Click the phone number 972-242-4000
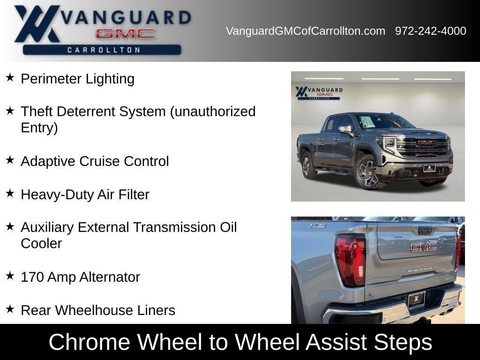pyautogui.click(x=430, y=31)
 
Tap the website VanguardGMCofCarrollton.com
pyautogui.click(x=306, y=31)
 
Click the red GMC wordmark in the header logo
pyautogui.click(x=125, y=33)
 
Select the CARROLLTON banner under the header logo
pyautogui.click(x=102, y=50)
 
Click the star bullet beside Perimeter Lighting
pyautogui.click(x=10, y=77)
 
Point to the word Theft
pyautogui.click(x=37, y=111)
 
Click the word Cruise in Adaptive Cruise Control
pyautogui.click(x=99, y=161)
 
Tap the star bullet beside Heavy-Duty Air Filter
pyautogui.click(x=10, y=193)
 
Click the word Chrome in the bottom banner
pyautogui.click(x=90, y=342)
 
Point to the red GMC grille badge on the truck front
pyautogui.click(x=427, y=142)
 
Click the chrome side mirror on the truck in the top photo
pyautogui.click(x=345, y=130)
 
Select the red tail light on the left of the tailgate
pyautogui.click(x=351, y=260)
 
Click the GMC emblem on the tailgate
pyautogui.click(x=424, y=247)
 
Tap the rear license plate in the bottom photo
pyautogui.click(x=416, y=300)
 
